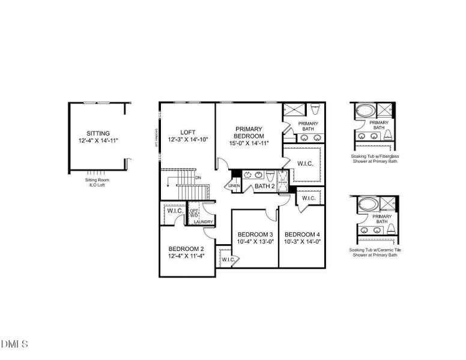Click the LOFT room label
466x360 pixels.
(x=188, y=133)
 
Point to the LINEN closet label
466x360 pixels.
(x=234, y=186)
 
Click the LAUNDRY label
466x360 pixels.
(x=204, y=222)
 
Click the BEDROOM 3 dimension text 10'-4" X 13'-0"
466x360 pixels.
(x=255, y=242)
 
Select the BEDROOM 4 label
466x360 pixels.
(x=302, y=234)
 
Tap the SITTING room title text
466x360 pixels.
(x=98, y=133)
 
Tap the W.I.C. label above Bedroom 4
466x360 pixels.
(x=308, y=199)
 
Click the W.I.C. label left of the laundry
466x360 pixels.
(x=175, y=211)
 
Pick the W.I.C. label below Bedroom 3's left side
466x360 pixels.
(x=228, y=260)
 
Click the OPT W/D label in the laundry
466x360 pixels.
(x=194, y=213)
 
